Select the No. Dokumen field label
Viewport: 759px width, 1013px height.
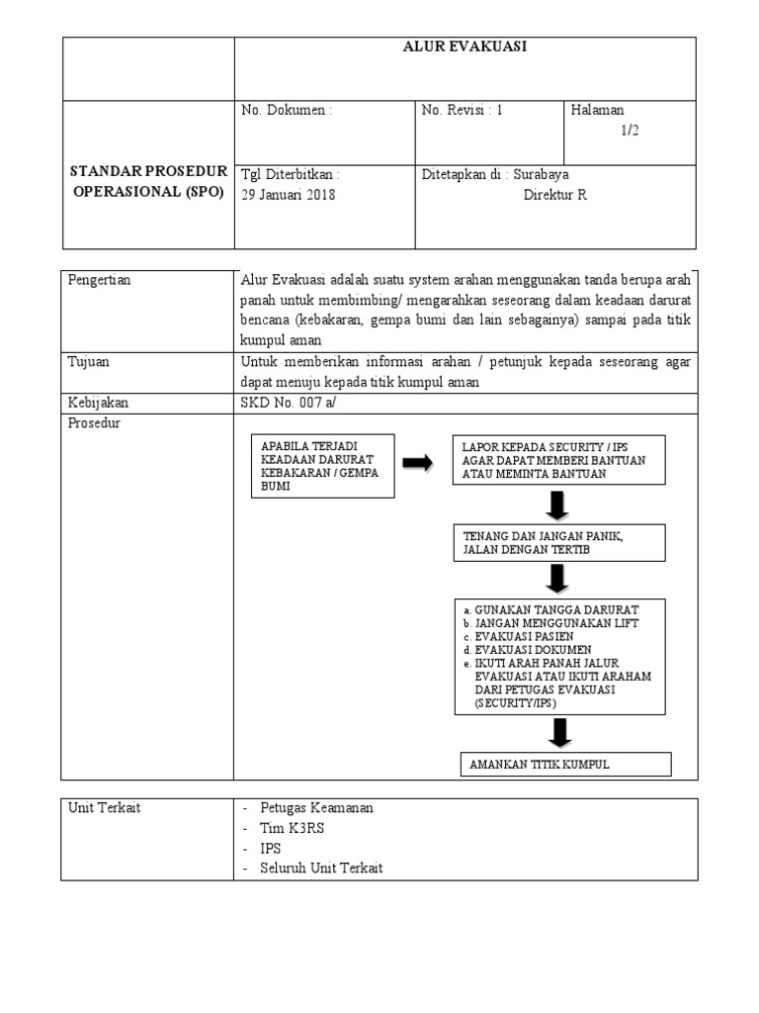tap(287, 111)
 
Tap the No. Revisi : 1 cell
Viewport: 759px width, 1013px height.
tap(463, 111)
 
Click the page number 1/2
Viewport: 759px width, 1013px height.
tap(630, 131)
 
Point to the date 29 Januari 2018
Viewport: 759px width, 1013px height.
tap(289, 195)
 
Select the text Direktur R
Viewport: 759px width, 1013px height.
tap(554, 195)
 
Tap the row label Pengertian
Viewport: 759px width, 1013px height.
tap(100, 280)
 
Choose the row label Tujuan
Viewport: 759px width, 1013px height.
tap(89, 362)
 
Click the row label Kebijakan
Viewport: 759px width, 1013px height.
tap(98, 403)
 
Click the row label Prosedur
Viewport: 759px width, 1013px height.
tap(95, 423)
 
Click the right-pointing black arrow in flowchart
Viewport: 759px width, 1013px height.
tap(418, 463)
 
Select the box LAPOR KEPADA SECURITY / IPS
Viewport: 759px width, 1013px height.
tap(558, 460)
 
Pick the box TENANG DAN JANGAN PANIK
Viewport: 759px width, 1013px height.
tap(558, 542)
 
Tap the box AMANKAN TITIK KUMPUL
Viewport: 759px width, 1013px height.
tap(565, 765)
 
